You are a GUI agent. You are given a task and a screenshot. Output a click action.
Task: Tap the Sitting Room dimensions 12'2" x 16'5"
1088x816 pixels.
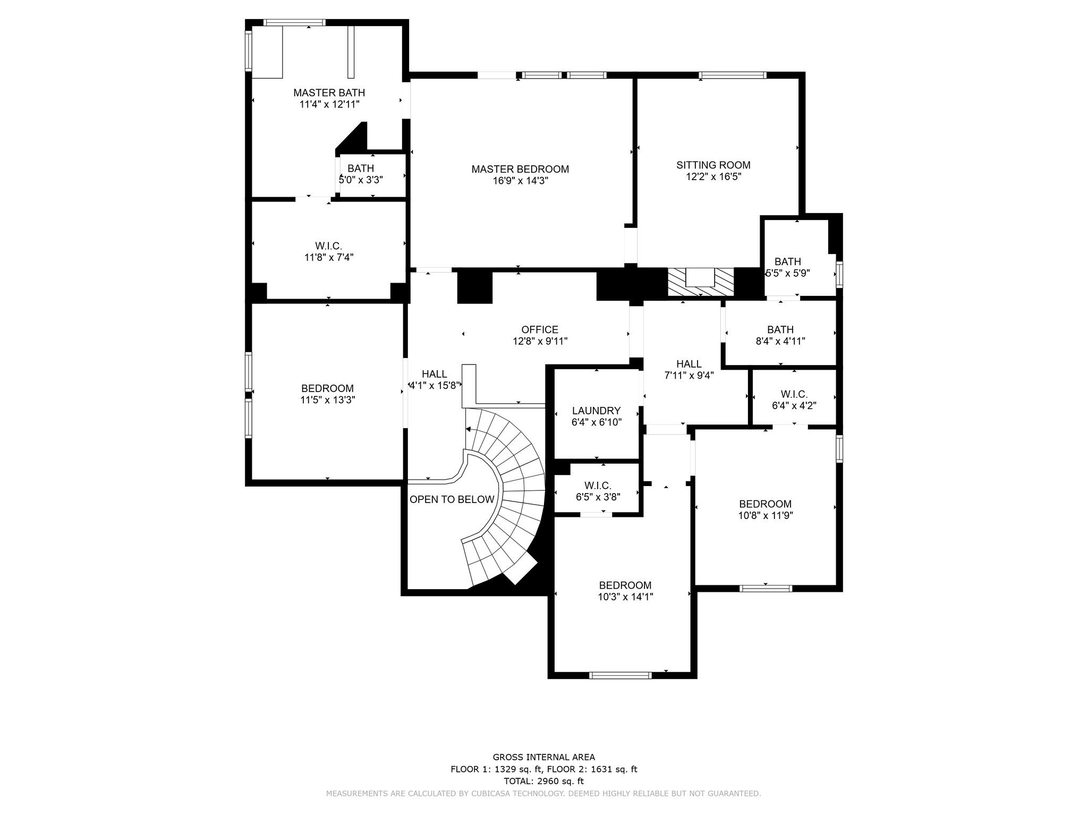[x=713, y=176]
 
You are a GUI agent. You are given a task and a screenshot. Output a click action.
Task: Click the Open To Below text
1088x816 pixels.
[x=452, y=499]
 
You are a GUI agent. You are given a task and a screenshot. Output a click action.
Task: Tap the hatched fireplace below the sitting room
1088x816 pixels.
[x=701, y=282]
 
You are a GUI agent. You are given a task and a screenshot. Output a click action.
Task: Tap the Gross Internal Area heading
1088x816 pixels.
[x=544, y=758]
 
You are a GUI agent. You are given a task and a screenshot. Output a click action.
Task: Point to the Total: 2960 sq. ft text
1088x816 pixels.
[x=543, y=781]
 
